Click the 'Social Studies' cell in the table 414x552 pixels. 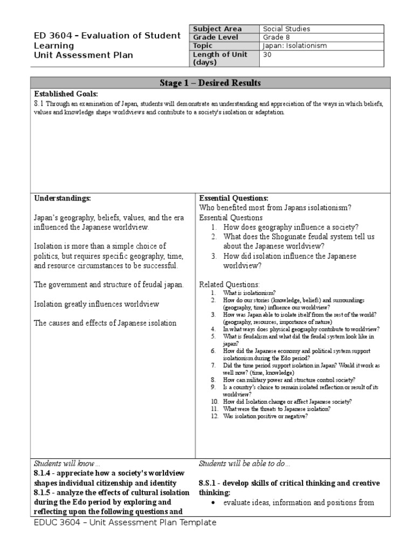(x=286, y=29)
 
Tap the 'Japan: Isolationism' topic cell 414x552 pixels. (x=294, y=46)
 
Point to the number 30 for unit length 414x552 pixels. (x=267, y=54)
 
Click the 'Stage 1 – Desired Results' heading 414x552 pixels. (x=210, y=83)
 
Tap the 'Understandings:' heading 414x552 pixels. (x=63, y=198)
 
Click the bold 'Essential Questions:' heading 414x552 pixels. (x=234, y=198)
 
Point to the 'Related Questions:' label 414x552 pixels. (x=229, y=284)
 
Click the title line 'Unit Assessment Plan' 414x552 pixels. (x=83, y=55)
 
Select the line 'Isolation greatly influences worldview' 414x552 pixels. (x=96, y=304)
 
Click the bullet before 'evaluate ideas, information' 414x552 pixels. (x=214, y=503)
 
